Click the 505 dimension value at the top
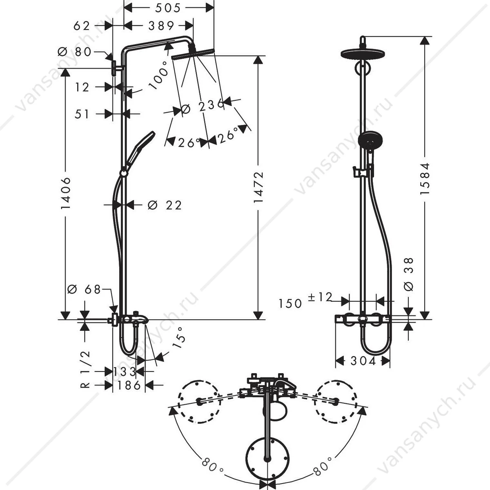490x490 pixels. (x=168, y=8)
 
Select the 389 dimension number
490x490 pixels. (x=161, y=26)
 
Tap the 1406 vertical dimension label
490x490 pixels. (x=65, y=194)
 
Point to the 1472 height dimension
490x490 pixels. (x=258, y=187)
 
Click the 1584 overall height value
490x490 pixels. (x=424, y=179)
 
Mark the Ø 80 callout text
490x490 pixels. (x=74, y=52)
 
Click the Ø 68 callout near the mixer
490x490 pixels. (x=84, y=290)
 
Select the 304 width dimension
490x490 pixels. (x=363, y=361)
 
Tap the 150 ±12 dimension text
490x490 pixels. (x=305, y=300)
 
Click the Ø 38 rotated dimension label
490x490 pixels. (x=409, y=275)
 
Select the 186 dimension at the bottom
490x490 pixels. (x=129, y=385)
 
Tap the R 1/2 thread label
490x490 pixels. (x=85, y=373)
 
